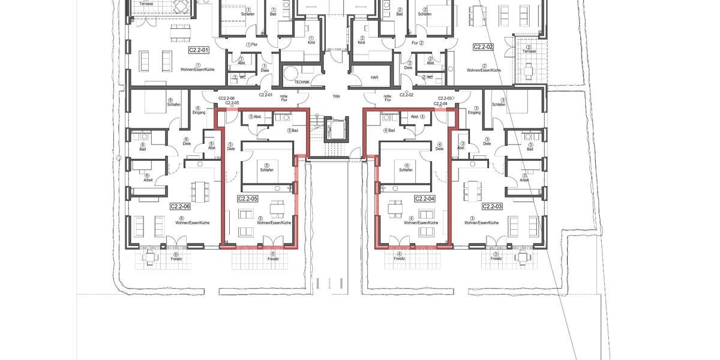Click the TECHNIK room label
click(x=302, y=82)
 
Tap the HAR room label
click(x=374, y=77)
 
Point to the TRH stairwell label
click(x=336, y=96)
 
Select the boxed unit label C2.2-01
click(x=199, y=50)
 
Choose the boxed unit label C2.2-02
click(x=483, y=46)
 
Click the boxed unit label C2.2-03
click(x=491, y=206)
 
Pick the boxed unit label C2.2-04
click(x=424, y=198)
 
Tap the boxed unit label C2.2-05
click(x=248, y=198)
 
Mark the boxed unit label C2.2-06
click(x=180, y=206)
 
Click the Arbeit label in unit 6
click(x=148, y=180)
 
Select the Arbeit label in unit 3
click(x=524, y=180)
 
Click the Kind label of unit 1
click(x=311, y=43)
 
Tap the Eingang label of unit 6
click(x=199, y=112)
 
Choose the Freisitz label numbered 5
click(x=273, y=259)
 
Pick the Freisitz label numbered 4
click(x=399, y=259)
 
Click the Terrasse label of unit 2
click(x=529, y=52)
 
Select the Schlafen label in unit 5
click(x=267, y=170)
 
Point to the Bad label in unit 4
click(x=391, y=130)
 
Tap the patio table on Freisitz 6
click(x=150, y=257)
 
